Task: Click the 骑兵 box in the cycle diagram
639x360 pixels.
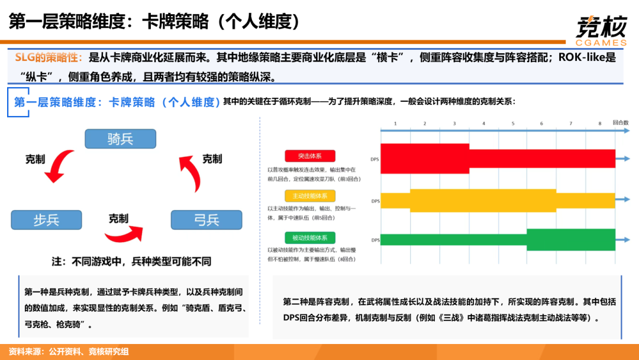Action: (120, 139)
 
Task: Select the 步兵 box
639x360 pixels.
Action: (46, 220)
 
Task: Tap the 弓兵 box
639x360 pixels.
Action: (206, 220)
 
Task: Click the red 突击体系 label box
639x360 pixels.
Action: (309, 156)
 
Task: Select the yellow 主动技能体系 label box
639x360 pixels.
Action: (309, 196)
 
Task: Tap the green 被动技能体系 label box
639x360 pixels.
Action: (309, 238)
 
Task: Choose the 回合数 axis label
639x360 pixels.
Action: (621, 123)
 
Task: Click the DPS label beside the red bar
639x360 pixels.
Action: (375, 159)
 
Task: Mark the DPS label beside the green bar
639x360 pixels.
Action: (375, 240)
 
